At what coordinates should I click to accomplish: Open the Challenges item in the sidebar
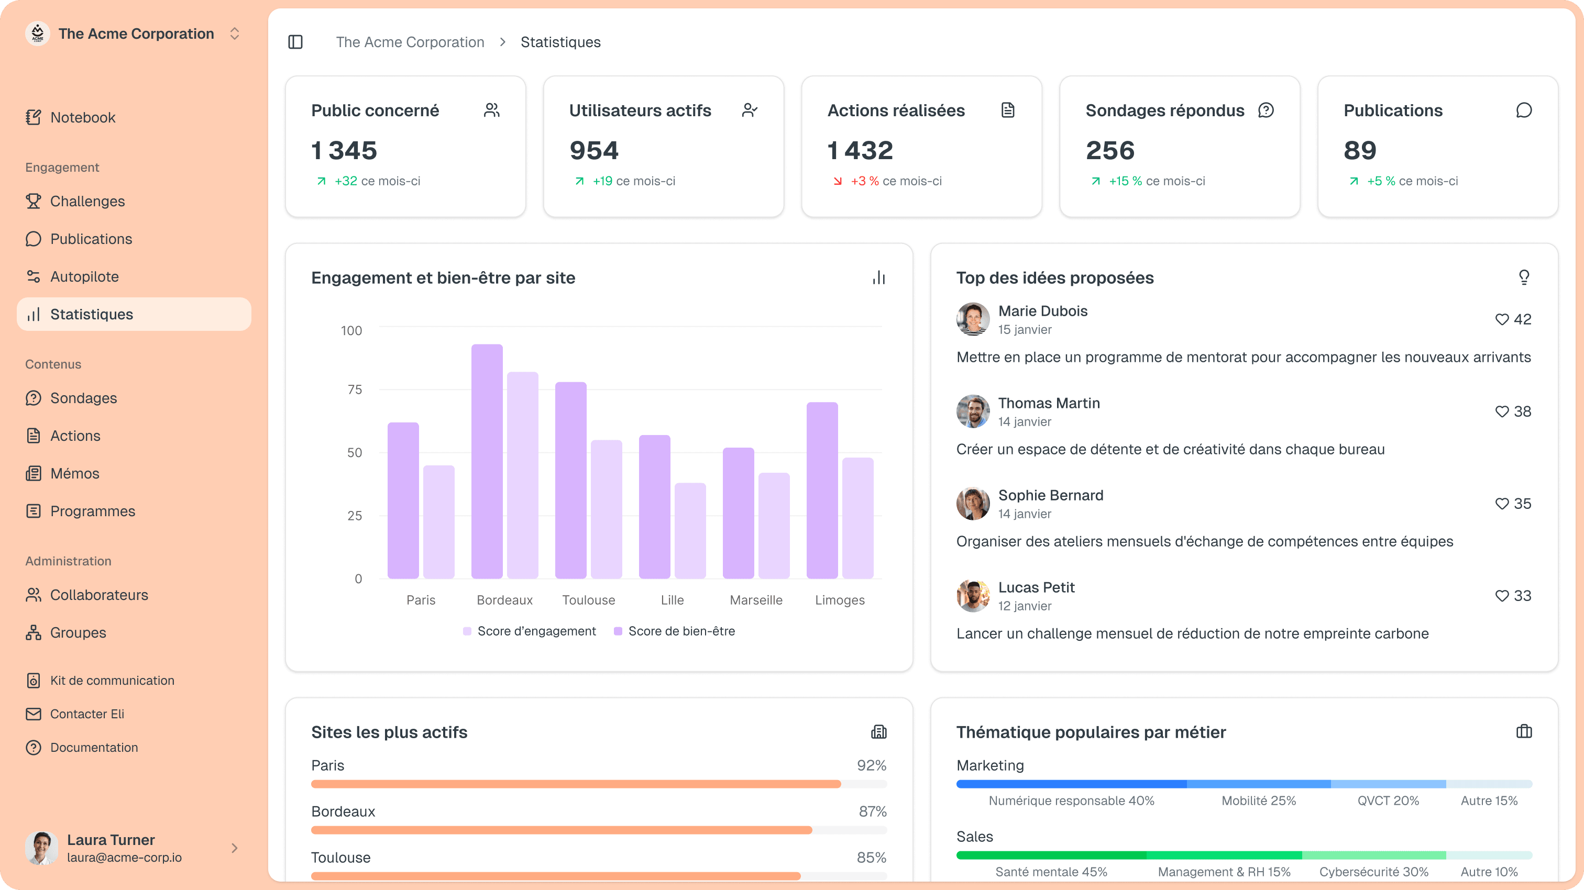point(87,201)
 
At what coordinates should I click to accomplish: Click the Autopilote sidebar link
point(84,276)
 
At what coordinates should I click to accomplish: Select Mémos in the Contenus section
point(74,473)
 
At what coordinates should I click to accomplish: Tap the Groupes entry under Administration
point(78,632)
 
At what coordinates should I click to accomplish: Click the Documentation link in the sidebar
point(93,748)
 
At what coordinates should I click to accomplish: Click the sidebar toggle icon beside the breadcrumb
point(295,42)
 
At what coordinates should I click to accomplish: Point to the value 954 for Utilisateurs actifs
point(593,151)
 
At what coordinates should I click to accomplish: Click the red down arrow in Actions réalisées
point(838,181)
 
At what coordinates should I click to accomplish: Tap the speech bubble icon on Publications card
point(1523,110)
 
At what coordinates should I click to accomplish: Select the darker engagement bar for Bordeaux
point(487,461)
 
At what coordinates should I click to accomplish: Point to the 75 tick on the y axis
point(355,390)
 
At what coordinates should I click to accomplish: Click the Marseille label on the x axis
point(756,600)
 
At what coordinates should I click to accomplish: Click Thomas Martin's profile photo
point(973,411)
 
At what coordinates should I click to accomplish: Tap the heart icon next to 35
point(1502,504)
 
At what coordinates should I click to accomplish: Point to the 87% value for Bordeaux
point(872,811)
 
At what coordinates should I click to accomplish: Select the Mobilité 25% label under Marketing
point(1258,801)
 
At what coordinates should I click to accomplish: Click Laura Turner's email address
point(124,858)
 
